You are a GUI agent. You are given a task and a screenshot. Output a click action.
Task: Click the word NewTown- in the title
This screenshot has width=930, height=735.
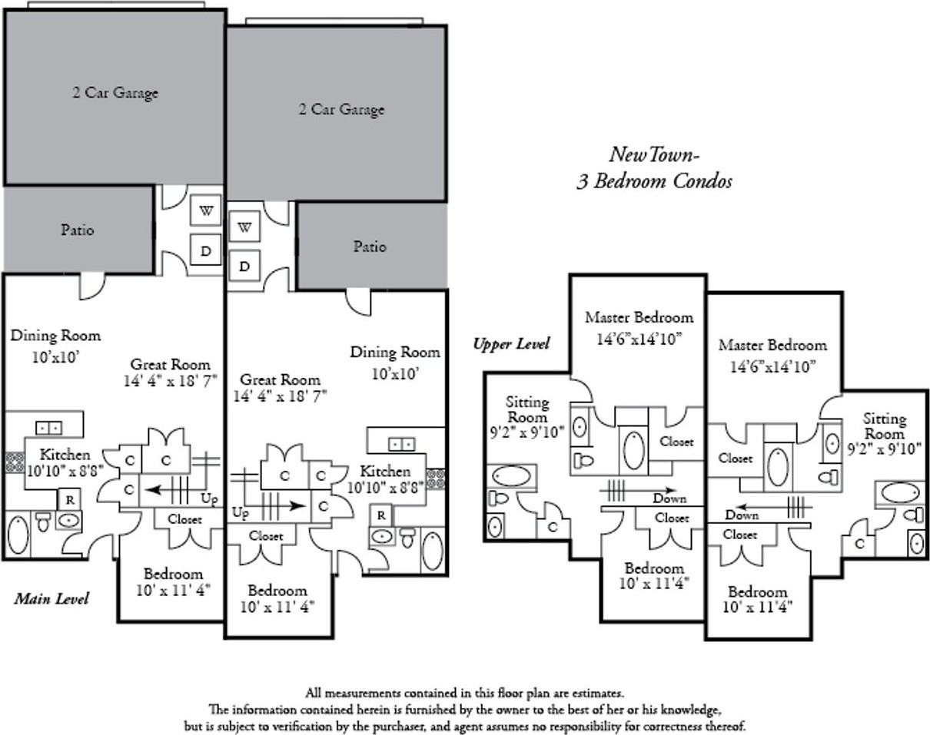click(653, 154)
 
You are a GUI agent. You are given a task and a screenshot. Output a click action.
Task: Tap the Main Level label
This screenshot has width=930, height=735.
click(51, 598)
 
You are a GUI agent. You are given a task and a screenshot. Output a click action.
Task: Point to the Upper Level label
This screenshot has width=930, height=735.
click(511, 344)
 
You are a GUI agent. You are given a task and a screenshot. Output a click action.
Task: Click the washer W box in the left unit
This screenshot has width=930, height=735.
click(206, 210)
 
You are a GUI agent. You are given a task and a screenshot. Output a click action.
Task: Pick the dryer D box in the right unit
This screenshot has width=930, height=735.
click(244, 266)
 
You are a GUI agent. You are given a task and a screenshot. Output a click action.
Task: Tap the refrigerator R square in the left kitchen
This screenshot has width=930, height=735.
click(70, 499)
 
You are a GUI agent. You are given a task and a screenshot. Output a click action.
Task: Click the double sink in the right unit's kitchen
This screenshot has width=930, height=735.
click(402, 444)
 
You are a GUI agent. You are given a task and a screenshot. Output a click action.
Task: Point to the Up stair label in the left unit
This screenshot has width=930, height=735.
click(209, 498)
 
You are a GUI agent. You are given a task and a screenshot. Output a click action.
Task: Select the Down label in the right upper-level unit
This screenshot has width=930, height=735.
click(742, 515)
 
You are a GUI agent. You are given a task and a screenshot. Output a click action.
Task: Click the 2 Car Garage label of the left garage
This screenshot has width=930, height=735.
click(115, 93)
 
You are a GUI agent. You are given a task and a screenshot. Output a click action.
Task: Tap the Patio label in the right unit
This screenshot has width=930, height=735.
click(370, 247)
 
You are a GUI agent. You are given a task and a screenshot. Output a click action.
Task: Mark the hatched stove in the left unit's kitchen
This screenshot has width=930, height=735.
click(15, 462)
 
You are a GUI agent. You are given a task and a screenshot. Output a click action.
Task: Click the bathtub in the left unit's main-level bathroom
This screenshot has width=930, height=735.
click(18, 535)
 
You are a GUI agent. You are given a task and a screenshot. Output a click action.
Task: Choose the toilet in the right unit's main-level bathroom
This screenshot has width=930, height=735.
click(407, 538)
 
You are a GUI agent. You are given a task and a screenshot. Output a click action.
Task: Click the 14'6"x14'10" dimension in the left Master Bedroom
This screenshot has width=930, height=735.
click(639, 339)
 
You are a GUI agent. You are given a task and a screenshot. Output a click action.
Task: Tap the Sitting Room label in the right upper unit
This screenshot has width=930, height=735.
click(884, 425)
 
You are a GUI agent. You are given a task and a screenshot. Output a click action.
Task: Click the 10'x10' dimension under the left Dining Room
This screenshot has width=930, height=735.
click(56, 357)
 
